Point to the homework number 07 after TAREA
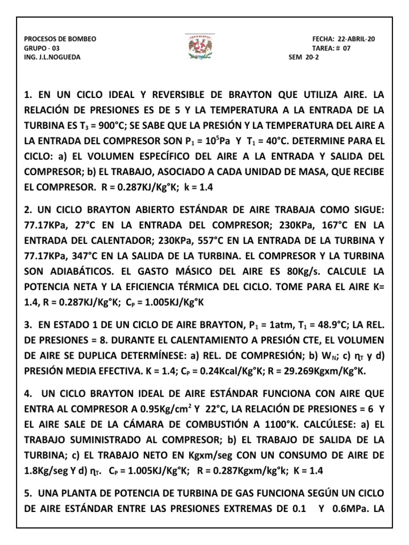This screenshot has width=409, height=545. click(347, 48)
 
